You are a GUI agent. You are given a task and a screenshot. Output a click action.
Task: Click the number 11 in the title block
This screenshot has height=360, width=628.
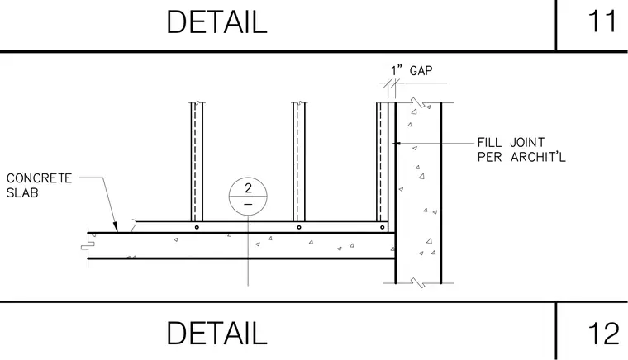pyautogui.click(x=602, y=21)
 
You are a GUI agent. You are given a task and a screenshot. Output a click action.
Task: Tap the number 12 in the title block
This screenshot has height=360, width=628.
pyautogui.click(x=602, y=334)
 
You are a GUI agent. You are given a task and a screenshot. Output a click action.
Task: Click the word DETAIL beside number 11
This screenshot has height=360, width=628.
pyautogui.click(x=216, y=22)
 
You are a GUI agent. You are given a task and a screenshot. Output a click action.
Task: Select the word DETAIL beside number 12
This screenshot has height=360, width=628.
pyautogui.click(x=216, y=334)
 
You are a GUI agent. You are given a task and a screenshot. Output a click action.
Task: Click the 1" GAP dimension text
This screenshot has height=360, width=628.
pyautogui.click(x=412, y=71)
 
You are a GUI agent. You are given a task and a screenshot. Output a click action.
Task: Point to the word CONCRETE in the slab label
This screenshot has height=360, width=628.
pyautogui.click(x=40, y=178)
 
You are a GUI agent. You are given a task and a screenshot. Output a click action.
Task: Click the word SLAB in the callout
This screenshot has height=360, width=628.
pyautogui.click(x=22, y=193)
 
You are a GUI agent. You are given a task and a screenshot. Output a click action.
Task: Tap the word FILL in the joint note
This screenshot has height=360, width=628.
pyautogui.click(x=489, y=142)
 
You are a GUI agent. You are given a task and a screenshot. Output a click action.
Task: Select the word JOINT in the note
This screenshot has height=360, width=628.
pyautogui.click(x=527, y=142)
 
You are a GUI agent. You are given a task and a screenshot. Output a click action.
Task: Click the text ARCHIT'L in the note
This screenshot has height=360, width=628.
pyautogui.click(x=538, y=157)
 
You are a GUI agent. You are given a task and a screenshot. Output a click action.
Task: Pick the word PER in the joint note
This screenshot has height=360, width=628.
pyautogui.click(x=489, y=157)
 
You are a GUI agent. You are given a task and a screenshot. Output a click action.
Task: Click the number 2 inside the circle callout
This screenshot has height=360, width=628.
pyautogui.click(x=249, y=188)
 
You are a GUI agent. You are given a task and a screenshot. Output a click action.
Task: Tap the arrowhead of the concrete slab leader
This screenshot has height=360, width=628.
pyautogui.click(x=116, y=228)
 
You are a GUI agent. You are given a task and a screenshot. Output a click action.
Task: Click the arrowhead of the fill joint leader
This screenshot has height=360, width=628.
pyautogui.click(x=396, y=143)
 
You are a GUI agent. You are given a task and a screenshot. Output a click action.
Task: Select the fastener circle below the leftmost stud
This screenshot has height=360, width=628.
pyautogui.click(x=197, y=227)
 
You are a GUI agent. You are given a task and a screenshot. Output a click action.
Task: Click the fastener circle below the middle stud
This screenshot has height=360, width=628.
pyautogui.click(x=299, y=227)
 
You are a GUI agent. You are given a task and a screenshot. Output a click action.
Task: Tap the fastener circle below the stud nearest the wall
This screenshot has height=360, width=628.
pyautogui.click(x=382, y=227)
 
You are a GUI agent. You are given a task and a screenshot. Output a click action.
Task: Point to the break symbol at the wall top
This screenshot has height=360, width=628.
pyautogui.click(x=419, y=103)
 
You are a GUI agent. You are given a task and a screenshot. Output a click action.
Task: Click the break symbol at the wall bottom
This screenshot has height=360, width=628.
pyautogui.click(x=419, y=283)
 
